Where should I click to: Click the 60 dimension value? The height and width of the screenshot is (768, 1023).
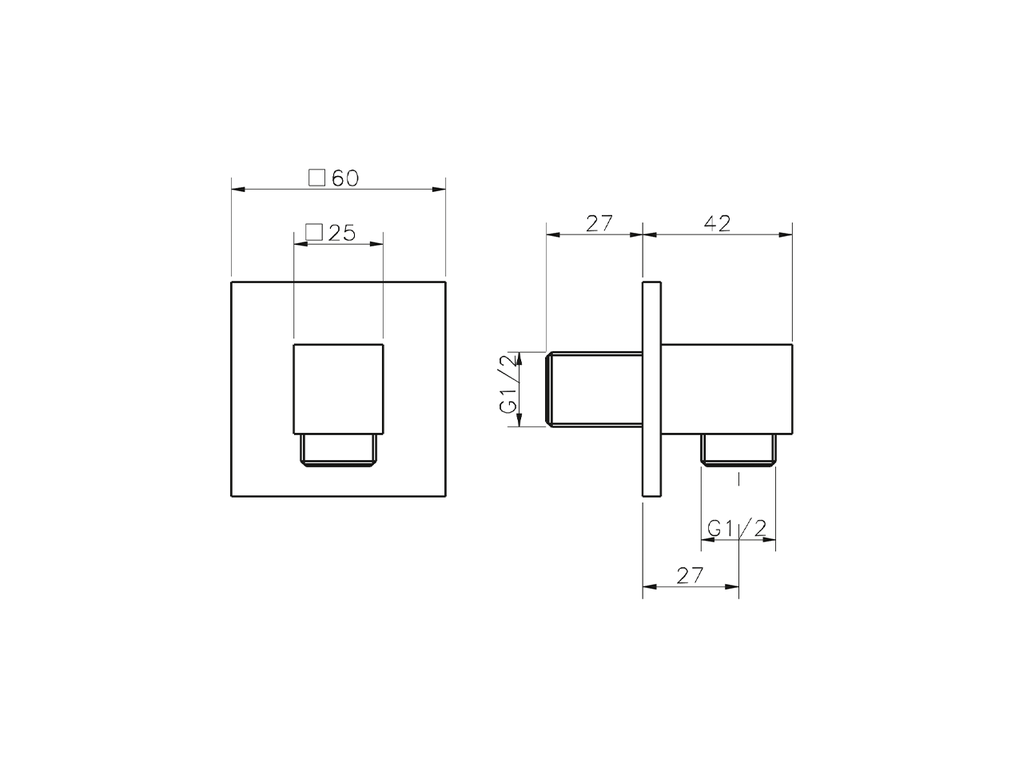click(x=345, y=178)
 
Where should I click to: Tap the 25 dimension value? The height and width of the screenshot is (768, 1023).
click(x=342, y=233)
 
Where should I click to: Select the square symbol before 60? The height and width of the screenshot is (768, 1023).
click(x=317, y=178)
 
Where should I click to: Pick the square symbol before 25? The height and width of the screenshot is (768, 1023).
click(x=314, y=233)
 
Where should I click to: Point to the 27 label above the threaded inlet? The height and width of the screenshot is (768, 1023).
click(x=598, y=223)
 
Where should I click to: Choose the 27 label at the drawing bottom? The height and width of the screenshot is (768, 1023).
click(x=690, y=575)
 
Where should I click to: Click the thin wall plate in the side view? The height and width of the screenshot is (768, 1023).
click(x=651, y=389)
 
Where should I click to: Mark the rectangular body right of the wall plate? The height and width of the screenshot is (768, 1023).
click(x=726, y=390)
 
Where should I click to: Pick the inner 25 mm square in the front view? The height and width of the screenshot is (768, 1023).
click(x=339, y=390)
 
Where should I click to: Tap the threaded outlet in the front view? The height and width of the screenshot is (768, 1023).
click(x=339, y=450)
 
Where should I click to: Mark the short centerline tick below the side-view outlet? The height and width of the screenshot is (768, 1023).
click(x=739, y=480)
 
